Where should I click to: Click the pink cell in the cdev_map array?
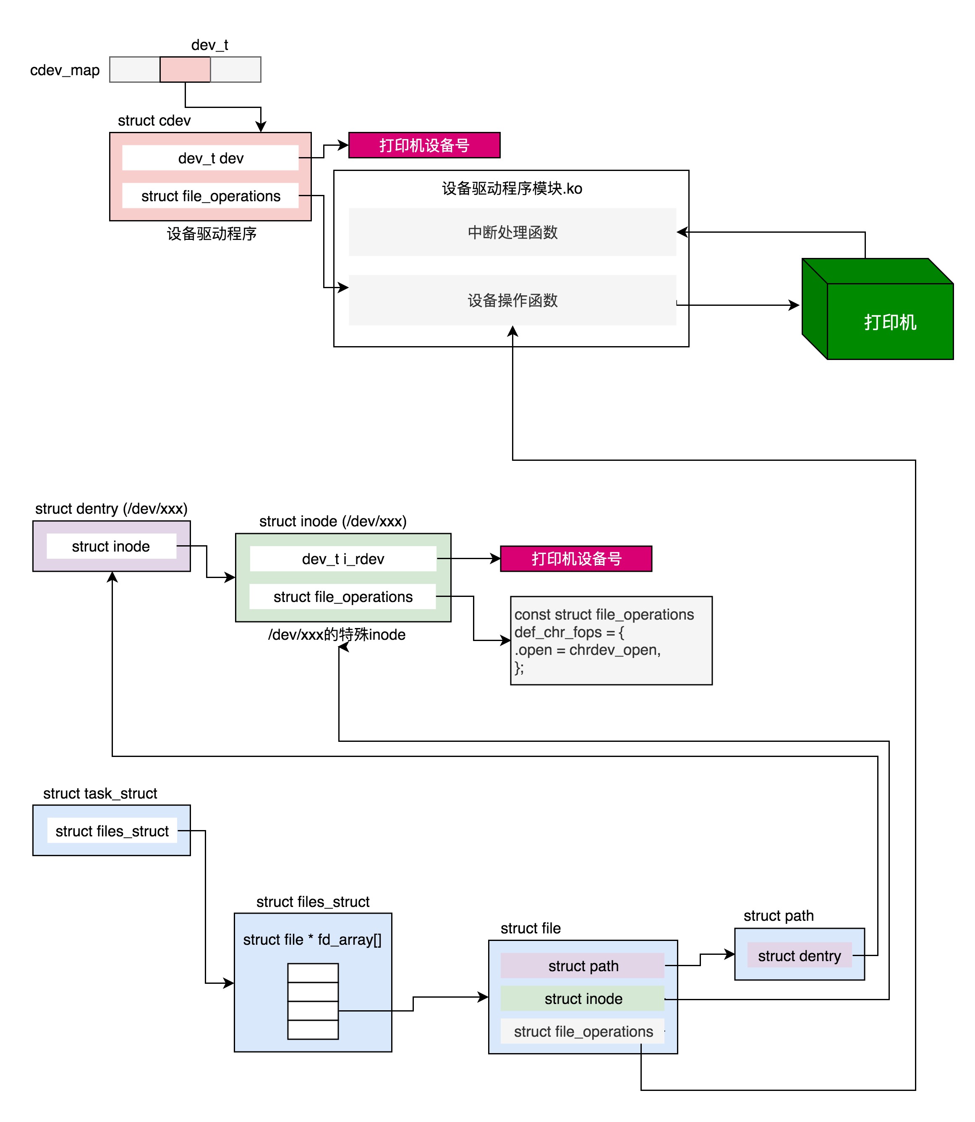[x=185, y=70]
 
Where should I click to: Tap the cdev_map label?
[x=65, y=70]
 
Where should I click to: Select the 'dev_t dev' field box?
[x=211, y=158]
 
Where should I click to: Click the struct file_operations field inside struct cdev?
[x=211, y=196]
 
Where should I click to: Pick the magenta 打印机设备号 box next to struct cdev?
[x=424, y=145]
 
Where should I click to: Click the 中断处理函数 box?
[x=512, y=232]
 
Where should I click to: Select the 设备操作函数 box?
[x=512, y=300]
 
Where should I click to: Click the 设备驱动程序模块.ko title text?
[x=512, y=188]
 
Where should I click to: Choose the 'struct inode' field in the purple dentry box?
[x=111, y=546]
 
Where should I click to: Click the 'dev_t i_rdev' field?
[x=343, y=559]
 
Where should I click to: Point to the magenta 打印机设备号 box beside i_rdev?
[x=576, y=559]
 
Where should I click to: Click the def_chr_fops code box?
[x=610, y=640]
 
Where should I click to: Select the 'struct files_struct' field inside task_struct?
[x=112, y=831]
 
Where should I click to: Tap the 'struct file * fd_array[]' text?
[x=312, y=939]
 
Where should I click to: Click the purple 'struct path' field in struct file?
[x=583, y=966]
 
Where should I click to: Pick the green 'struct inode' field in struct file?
[x=583, y=999]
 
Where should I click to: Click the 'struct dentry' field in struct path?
[x=799, y=955]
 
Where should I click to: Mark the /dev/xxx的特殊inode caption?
[x=337, y=634]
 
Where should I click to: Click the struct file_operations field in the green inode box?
[x=343, y=596]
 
